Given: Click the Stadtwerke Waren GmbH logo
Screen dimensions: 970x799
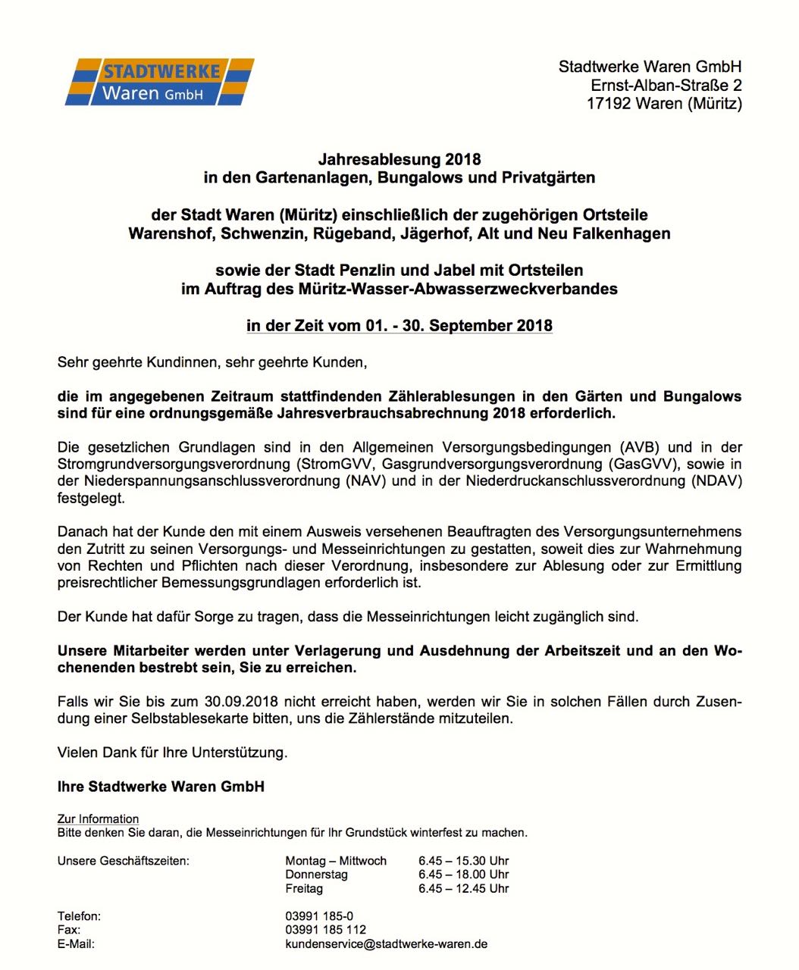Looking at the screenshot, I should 159,82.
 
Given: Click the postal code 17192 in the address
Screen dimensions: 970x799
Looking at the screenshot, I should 609,104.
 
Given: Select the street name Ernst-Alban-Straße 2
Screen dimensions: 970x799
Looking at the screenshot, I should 666,86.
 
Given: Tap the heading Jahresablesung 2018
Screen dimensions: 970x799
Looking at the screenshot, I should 399,159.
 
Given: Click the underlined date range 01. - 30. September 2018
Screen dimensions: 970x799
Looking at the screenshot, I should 459,326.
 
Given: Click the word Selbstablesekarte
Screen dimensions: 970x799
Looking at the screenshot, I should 199,718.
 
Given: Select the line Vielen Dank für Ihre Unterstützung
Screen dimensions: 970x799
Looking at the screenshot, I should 173,753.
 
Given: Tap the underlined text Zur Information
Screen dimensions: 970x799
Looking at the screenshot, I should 99,819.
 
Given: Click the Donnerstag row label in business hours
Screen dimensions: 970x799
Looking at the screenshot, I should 316,875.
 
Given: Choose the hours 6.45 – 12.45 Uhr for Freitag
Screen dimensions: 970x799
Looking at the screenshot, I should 463,888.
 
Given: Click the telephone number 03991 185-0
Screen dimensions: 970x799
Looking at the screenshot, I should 319,916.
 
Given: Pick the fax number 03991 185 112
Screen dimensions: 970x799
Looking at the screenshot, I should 325,930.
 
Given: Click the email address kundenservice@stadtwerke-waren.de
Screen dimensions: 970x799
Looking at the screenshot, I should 386,944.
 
